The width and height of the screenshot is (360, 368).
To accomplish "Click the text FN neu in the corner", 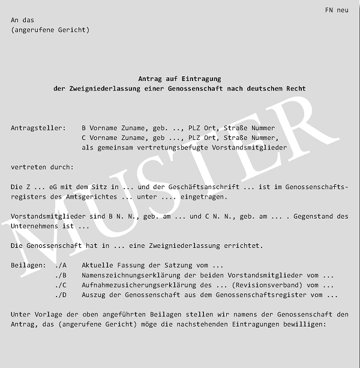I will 336,10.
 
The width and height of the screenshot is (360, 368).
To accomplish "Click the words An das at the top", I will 22,20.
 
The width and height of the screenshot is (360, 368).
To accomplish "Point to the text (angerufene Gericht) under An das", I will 50,30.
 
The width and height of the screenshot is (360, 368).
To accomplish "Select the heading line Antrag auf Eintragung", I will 179,79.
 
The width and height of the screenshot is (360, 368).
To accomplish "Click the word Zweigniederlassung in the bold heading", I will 100,89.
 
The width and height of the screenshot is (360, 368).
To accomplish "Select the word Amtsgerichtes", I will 93,197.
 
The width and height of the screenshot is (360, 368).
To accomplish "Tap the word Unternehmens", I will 37,226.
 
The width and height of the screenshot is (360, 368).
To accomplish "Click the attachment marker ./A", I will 61,265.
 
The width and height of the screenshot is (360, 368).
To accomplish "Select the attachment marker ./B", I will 61,276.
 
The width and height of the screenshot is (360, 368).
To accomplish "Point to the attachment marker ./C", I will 61,285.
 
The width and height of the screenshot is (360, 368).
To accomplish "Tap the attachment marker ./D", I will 61,295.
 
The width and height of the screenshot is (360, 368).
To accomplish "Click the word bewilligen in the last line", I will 304,324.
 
